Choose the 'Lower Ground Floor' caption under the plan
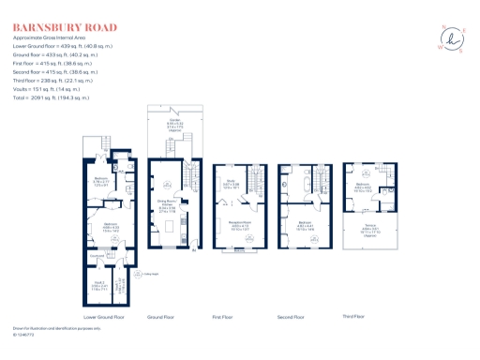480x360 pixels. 104,317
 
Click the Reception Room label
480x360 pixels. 229,224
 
